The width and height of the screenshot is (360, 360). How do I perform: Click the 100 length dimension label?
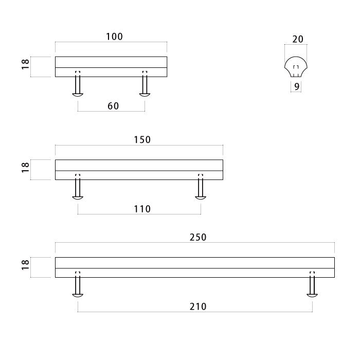coord(114,37)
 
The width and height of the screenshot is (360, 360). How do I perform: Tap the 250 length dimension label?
coord(197,237)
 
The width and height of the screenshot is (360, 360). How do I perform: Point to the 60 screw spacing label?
coord(113,106)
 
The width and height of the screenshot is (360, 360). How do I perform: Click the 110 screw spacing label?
coord(142,209)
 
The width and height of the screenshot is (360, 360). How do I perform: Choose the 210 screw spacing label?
coord(197,307)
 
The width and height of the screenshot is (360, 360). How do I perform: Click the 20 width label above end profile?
coord(297,39)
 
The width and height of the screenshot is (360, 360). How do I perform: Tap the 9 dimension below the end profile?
coord(297,87)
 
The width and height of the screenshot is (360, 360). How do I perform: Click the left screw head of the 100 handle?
coord(78,94)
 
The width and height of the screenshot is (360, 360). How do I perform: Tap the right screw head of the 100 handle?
coord(145,94)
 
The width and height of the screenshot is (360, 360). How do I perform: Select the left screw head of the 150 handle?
coord(78,197)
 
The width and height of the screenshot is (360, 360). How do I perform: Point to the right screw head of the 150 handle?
coord(201,197)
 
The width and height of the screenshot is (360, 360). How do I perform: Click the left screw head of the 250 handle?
coord(78,295)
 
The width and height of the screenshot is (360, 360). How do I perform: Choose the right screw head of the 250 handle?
coord(312,295)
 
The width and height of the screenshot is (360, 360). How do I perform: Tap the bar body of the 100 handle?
coord(111,66)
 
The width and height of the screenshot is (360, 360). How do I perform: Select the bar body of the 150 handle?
coord(139,169)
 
